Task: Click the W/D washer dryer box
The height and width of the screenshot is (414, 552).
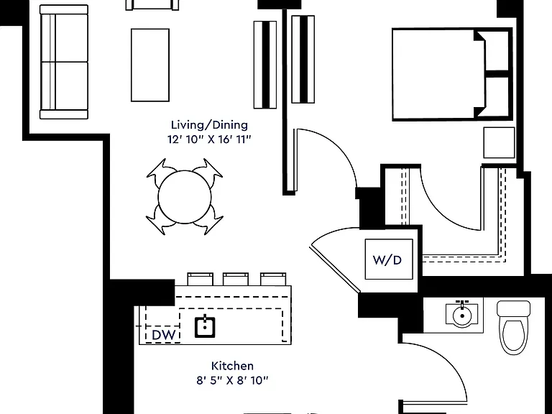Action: point(389,259)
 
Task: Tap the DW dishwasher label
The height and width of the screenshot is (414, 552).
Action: point(163,335)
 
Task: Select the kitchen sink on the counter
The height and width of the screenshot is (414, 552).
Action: point(205,327)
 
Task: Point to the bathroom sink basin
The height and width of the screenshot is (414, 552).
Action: point(462,314)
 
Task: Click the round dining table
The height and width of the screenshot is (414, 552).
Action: point(185,197)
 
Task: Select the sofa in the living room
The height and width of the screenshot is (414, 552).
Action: point(64,62)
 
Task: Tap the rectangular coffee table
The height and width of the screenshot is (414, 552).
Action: point(150,65)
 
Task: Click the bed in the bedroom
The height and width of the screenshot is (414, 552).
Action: point(452,74)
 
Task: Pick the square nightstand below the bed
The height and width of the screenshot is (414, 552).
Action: point(499,142)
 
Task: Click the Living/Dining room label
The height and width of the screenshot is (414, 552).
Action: point(209,124)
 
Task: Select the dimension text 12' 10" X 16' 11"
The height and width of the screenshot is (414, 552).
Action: point(209,139)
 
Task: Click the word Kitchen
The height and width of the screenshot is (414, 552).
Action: point(232,366)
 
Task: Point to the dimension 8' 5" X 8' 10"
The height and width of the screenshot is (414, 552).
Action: point(232,380)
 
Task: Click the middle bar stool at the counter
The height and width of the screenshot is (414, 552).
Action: point(236,279)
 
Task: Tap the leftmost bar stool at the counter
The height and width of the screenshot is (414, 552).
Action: point(200,279)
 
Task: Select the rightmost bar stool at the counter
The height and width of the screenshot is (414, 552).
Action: point(273,279)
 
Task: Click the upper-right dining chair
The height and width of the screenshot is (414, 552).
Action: point(209,172)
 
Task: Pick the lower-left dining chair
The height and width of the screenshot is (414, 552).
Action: point(160,221)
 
